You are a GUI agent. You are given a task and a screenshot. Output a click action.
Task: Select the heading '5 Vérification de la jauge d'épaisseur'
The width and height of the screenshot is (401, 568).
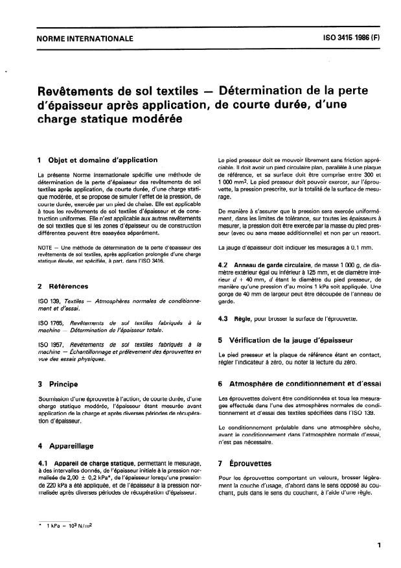point(284,338)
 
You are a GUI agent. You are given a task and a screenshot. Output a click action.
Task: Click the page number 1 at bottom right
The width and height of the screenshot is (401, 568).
point(379,546)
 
